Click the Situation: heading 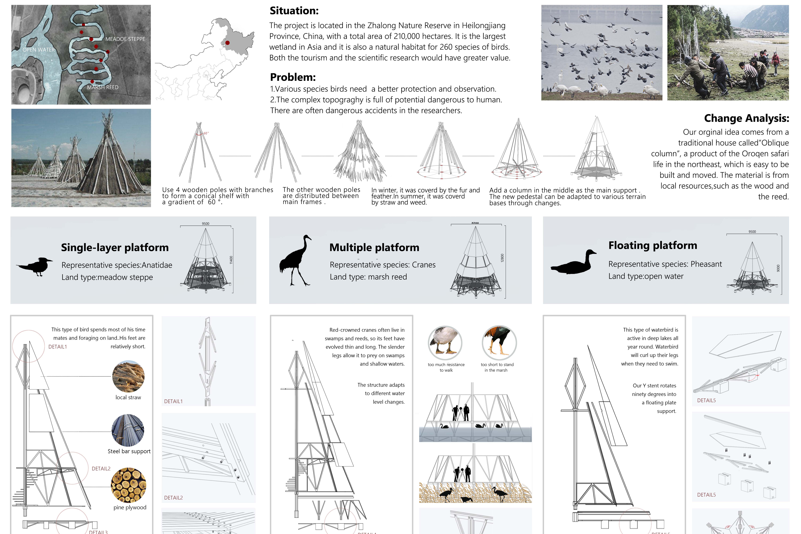tap(294, 11)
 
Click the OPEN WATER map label tap(38, 50)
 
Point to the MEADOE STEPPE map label tap(125, 39)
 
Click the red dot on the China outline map tap(227, 43)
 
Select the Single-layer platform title tap(115, 248)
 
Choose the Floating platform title tap(653, 246)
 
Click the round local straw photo tap(128, 376)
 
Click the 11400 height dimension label tap(231, 260)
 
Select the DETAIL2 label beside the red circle tap(101, 469)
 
